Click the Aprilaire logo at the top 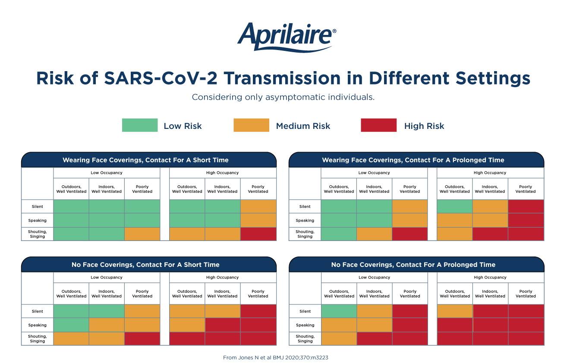pos(287,38)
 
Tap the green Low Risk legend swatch pos(140,125)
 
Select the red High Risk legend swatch pos(379,125)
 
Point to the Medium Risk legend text pos(303,126)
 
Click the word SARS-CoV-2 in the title pos(161,78)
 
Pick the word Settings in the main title pos(493,78)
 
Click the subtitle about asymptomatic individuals pos(283,97)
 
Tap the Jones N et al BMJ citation pos(276,357)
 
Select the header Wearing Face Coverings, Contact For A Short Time pos(145,160)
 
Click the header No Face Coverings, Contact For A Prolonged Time pos(413,265)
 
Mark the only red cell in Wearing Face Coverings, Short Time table pos(258,234)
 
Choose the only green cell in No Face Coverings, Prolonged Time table pos(339,311)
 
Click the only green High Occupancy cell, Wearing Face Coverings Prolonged pos(455,207)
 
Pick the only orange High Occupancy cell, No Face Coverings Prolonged pos(455,311)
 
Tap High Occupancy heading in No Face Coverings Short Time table pos(222,277)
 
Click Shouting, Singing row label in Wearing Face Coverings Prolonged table pos(305,234)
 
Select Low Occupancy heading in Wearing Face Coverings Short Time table pos(107,172)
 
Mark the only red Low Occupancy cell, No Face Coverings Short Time pos(142,339)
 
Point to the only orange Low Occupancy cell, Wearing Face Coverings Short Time pos(142,234)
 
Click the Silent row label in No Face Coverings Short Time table pos(37,311)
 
